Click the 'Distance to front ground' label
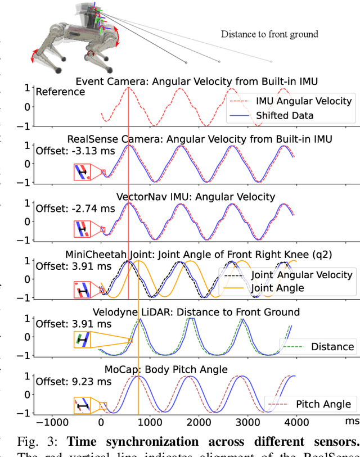click(269, 34)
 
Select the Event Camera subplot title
click(196, 82)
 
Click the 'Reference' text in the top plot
click(60, 92)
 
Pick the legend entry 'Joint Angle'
click(277, 288)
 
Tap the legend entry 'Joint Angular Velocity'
click(301, 275)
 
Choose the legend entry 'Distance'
click(332, 346)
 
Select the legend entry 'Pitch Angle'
click(323, 404)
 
